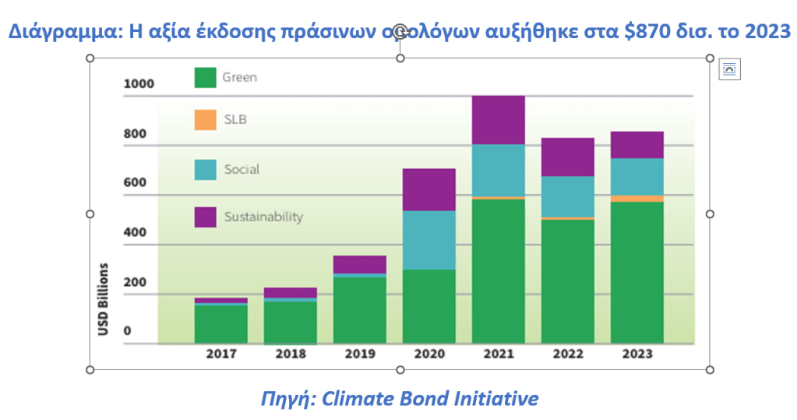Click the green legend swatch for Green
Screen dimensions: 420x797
205,77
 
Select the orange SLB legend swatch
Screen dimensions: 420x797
205,120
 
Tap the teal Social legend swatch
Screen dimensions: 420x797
205,170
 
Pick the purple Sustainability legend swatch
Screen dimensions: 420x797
205,217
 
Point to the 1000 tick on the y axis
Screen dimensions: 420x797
139,84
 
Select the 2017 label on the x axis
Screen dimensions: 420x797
221,354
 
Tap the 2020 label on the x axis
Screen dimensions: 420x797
428,354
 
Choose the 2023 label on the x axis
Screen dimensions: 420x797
637,354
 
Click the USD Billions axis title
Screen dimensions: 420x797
103,299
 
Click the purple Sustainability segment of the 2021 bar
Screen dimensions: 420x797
498,120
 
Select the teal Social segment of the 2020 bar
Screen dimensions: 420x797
428,240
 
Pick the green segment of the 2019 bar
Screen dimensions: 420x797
359,310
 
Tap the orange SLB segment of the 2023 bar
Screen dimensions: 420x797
637,199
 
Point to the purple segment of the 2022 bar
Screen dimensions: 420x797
567,157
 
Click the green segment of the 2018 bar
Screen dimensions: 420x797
291,321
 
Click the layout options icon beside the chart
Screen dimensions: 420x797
729,69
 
